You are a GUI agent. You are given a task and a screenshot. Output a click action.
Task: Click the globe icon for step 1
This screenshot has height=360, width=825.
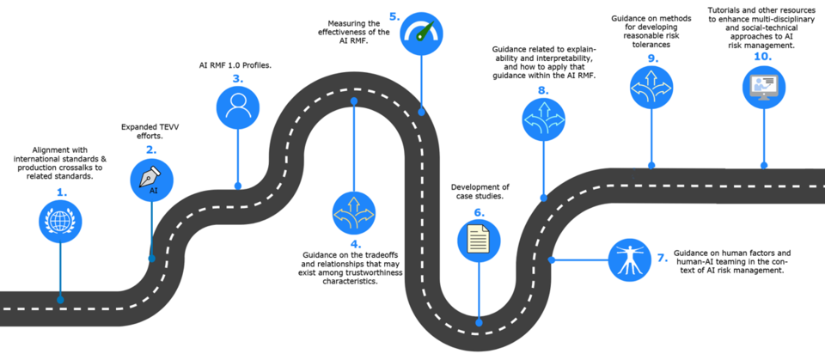coord(60,221)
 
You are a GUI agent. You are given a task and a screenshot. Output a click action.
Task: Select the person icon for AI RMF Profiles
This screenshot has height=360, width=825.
coord(238,107)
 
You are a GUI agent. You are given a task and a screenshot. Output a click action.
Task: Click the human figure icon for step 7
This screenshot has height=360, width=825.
coord(628,258)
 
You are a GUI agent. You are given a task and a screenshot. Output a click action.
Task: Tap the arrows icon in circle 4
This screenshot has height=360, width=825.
coord(353,211)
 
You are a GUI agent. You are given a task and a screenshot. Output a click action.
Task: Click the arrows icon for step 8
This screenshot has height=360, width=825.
coord(542,121)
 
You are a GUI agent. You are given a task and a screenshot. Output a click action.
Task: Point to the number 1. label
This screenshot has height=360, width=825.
coord(61,192)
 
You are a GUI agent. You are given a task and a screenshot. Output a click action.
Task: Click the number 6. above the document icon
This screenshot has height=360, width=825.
coord(479,211)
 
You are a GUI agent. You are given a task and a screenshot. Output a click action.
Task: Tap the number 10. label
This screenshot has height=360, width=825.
coord(761,56)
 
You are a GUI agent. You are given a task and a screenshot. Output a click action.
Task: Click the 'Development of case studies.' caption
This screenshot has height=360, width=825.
coord(480,191)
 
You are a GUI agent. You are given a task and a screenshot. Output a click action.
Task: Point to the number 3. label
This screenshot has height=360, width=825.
coord(237,79)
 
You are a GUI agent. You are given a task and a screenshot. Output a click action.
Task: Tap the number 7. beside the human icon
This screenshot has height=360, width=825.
coord(662,258)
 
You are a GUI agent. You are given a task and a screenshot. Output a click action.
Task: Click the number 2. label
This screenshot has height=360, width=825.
coord(151,149)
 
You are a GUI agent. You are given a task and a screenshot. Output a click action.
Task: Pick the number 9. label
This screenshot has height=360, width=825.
coord(652,58)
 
